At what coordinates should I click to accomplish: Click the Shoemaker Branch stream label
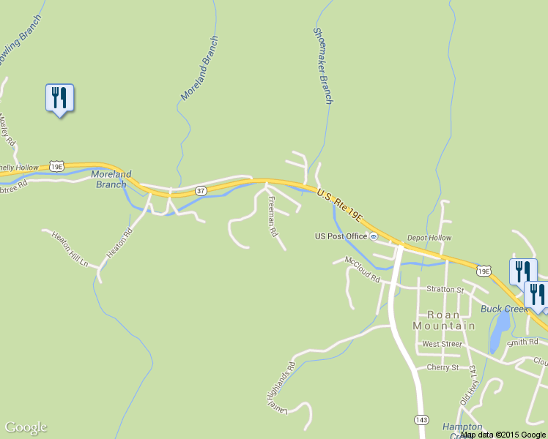click(x=322, y=66)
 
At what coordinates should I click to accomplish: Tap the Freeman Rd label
click(x=272, y=217)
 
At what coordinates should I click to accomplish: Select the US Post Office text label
click(x=341, y=236)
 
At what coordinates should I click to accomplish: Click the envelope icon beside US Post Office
click(x=374, y=236)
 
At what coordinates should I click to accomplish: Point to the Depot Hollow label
click(x=429, y=238)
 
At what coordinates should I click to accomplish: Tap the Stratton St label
click(x=445, y=290)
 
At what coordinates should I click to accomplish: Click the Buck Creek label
click(x=504, y=309)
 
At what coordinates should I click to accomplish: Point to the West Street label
click(x=442, y=343)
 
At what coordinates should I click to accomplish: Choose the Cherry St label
click(x=443, y=367)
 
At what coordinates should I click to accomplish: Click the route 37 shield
click(x=201, y=191)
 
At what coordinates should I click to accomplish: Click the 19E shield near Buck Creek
click(x=483, y=271)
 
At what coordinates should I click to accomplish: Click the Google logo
click(x=26, y=427)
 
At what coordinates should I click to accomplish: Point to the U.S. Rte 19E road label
click(x=340, y=204)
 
